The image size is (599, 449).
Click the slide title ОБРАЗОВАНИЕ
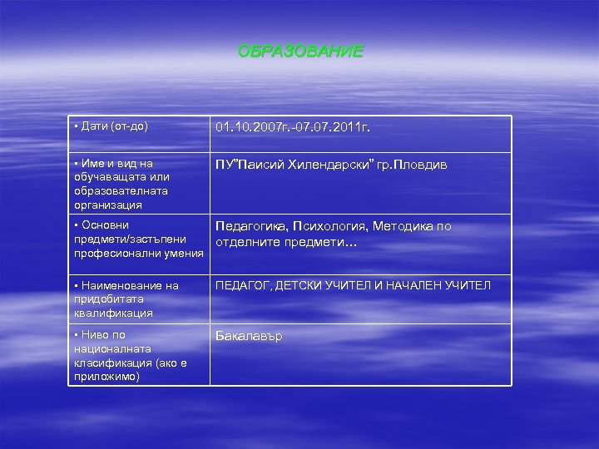click(x=300, y=52)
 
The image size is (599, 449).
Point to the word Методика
click(x=404, y=226)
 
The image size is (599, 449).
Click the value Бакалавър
click(x=250, y=336)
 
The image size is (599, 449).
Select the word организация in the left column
click(x=107, y=204)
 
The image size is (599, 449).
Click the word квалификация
click(x=113, y=313)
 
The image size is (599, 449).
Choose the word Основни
click(x=105, y=225)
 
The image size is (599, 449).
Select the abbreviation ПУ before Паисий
click(x=224, y=165)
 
